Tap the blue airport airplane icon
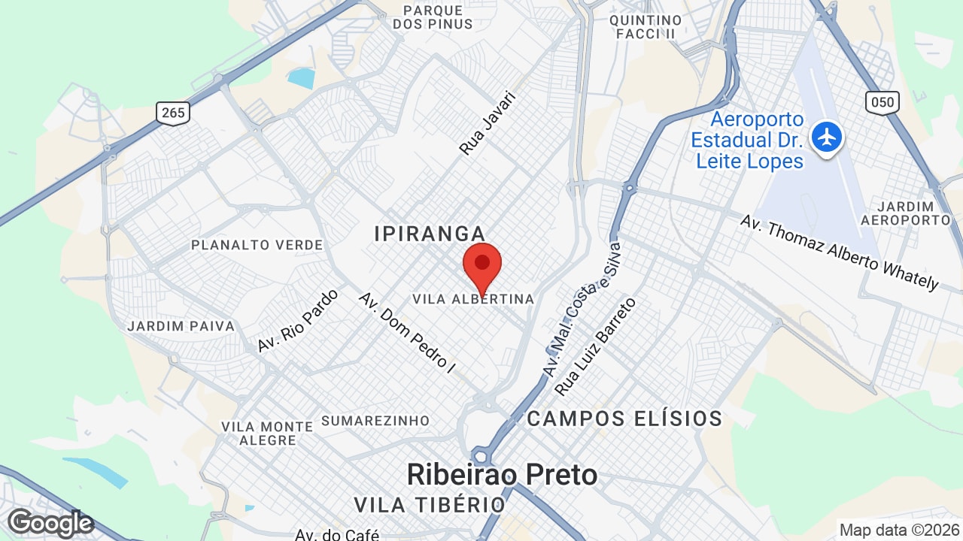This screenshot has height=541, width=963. click(828, 138)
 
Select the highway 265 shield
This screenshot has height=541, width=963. click(173, 113)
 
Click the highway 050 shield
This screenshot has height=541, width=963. click(882, 101)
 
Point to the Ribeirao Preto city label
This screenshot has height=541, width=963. click(502, 474)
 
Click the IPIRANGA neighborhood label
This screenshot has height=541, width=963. click(430, 234)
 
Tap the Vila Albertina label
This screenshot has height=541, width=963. click(473, 299)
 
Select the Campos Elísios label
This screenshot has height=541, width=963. click(624, 419)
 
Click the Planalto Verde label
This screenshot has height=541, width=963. click(257, 245)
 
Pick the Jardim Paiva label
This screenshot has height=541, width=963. click(181, 326)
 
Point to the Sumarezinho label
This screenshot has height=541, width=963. click(375, 421)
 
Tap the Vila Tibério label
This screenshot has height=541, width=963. click(430, 504)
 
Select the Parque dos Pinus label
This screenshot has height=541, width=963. click(433, 17)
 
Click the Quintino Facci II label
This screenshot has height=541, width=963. click(646, 26)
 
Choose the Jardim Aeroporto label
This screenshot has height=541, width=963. click(916, 213)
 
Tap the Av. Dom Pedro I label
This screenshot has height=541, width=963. click(407, 333)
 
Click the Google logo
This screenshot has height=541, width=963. click(50, 522)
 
